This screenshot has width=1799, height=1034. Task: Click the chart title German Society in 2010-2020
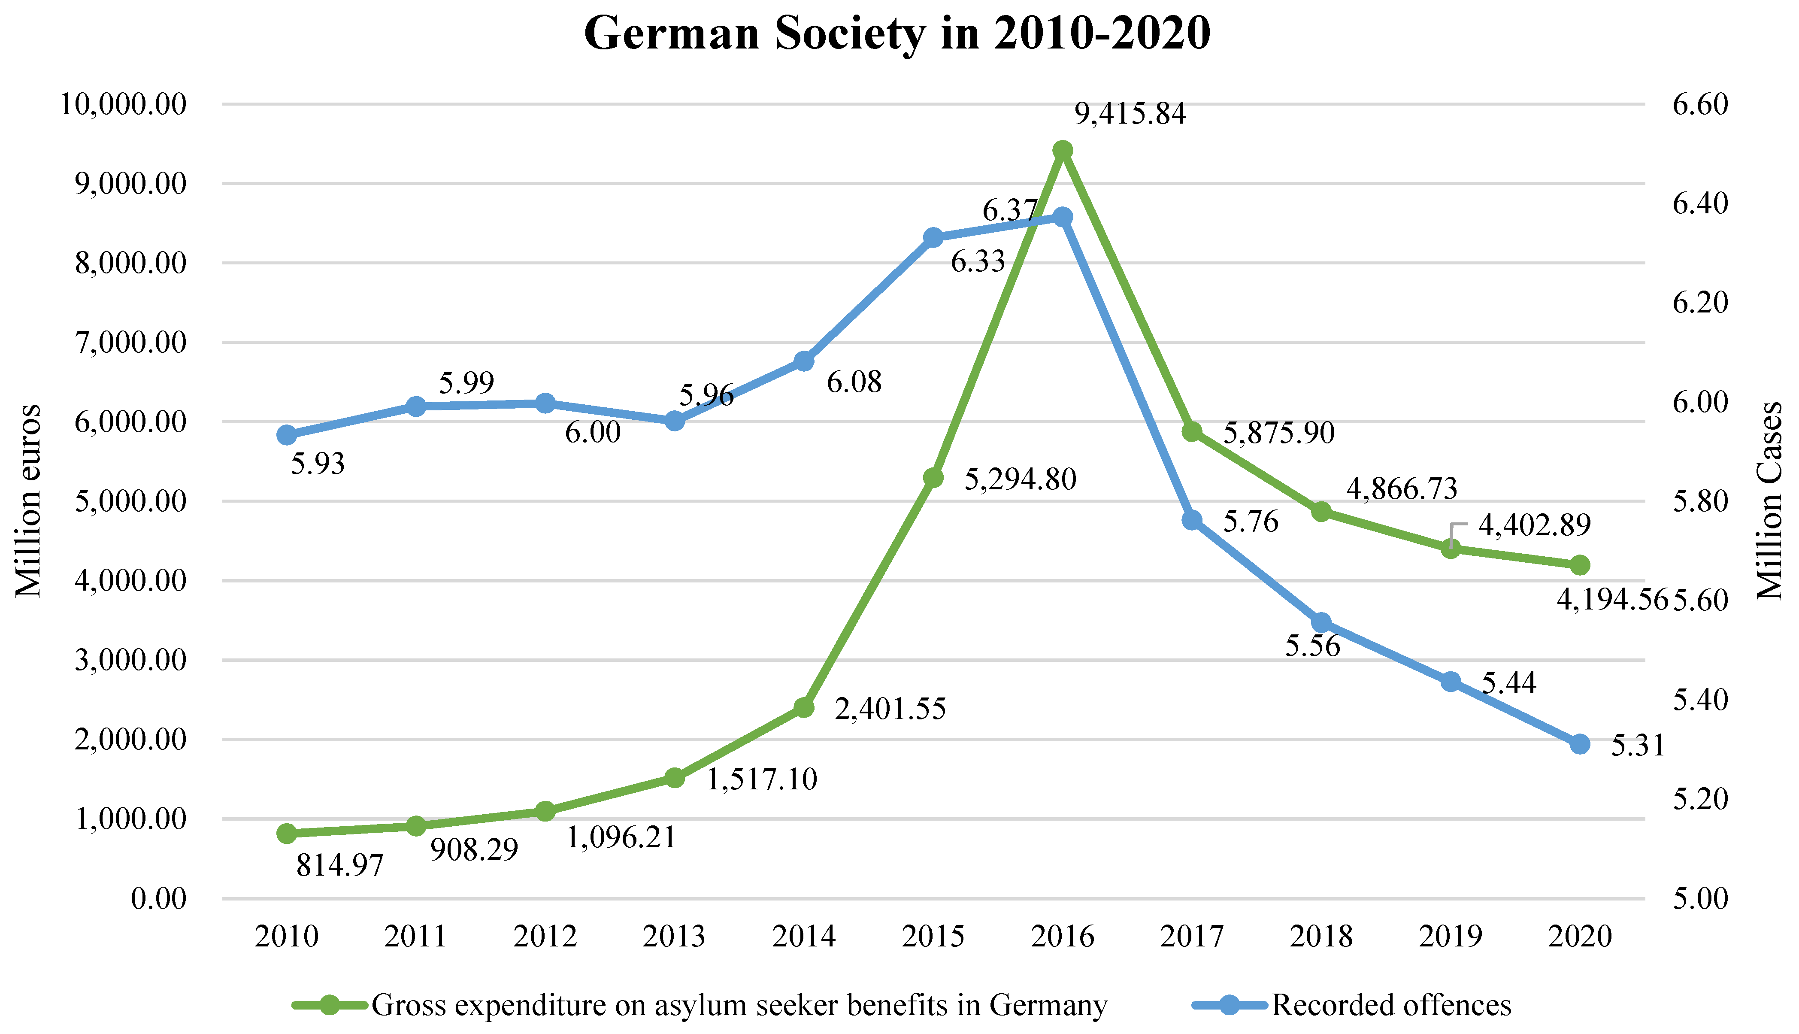point(897,33)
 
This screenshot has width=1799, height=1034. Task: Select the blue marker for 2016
point(1062,217)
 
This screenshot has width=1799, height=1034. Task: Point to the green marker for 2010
point(286,834)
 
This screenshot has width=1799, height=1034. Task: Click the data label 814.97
point(339,866)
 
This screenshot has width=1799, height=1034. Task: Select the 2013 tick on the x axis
point(674,937)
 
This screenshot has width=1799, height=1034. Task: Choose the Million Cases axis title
point(1769,500)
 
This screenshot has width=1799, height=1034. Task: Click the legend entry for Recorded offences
point(1391,1005)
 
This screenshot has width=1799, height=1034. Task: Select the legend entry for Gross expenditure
point(738,1005)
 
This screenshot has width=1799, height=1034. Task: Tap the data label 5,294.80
point(1020,480)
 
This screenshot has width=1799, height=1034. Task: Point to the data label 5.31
point(1638,746)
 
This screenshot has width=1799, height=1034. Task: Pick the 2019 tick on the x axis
point(1451,937)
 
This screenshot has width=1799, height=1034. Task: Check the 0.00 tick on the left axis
point(158,899)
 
